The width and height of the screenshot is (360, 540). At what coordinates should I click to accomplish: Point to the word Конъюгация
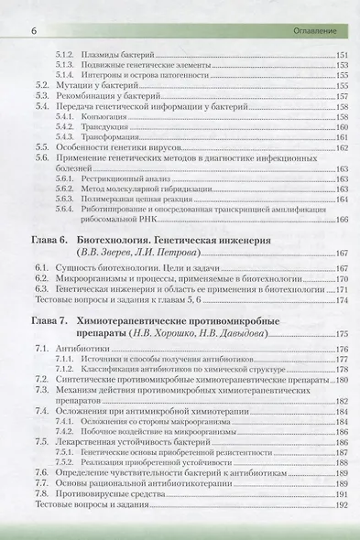click(x=100, y=119)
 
